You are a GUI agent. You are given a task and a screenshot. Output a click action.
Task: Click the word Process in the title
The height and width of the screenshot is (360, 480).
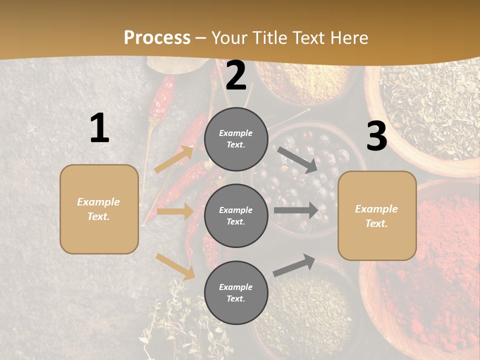pos(157,38)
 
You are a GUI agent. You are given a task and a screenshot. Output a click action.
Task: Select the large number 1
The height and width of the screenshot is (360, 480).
pos(99,128)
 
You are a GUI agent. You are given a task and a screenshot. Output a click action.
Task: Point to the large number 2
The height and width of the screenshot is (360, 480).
pos(236,76)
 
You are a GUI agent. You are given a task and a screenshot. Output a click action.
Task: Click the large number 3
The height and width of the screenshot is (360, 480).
pos(376,136)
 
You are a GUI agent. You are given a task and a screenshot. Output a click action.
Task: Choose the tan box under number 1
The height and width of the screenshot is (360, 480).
pos(99,209)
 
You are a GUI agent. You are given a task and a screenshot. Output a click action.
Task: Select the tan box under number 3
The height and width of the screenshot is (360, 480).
pos(377,215)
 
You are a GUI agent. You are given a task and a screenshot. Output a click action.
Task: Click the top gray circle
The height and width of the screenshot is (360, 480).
pos(236,139)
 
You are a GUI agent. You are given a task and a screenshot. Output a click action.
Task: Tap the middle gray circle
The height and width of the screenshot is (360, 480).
pos(236,215)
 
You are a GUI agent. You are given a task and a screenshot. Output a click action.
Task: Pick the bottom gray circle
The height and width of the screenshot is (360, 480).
pos(236,292)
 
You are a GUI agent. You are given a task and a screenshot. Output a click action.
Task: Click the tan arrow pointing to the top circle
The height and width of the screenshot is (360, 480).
pos(174,158)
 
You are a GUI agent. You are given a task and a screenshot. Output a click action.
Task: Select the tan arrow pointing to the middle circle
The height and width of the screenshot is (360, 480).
pos(175,211)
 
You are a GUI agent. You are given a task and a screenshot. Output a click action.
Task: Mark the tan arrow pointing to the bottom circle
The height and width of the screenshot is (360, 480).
pos(175,266)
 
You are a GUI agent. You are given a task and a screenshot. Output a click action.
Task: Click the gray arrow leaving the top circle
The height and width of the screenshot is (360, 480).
pos(297,160)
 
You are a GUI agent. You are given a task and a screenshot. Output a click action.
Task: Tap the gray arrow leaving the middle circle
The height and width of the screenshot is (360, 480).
pos(296,210)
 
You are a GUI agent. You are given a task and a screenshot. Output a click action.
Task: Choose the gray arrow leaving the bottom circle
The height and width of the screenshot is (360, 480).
pos(294,265)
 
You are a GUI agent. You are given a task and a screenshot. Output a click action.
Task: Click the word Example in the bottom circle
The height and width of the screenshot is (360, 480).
pos(235,287)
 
